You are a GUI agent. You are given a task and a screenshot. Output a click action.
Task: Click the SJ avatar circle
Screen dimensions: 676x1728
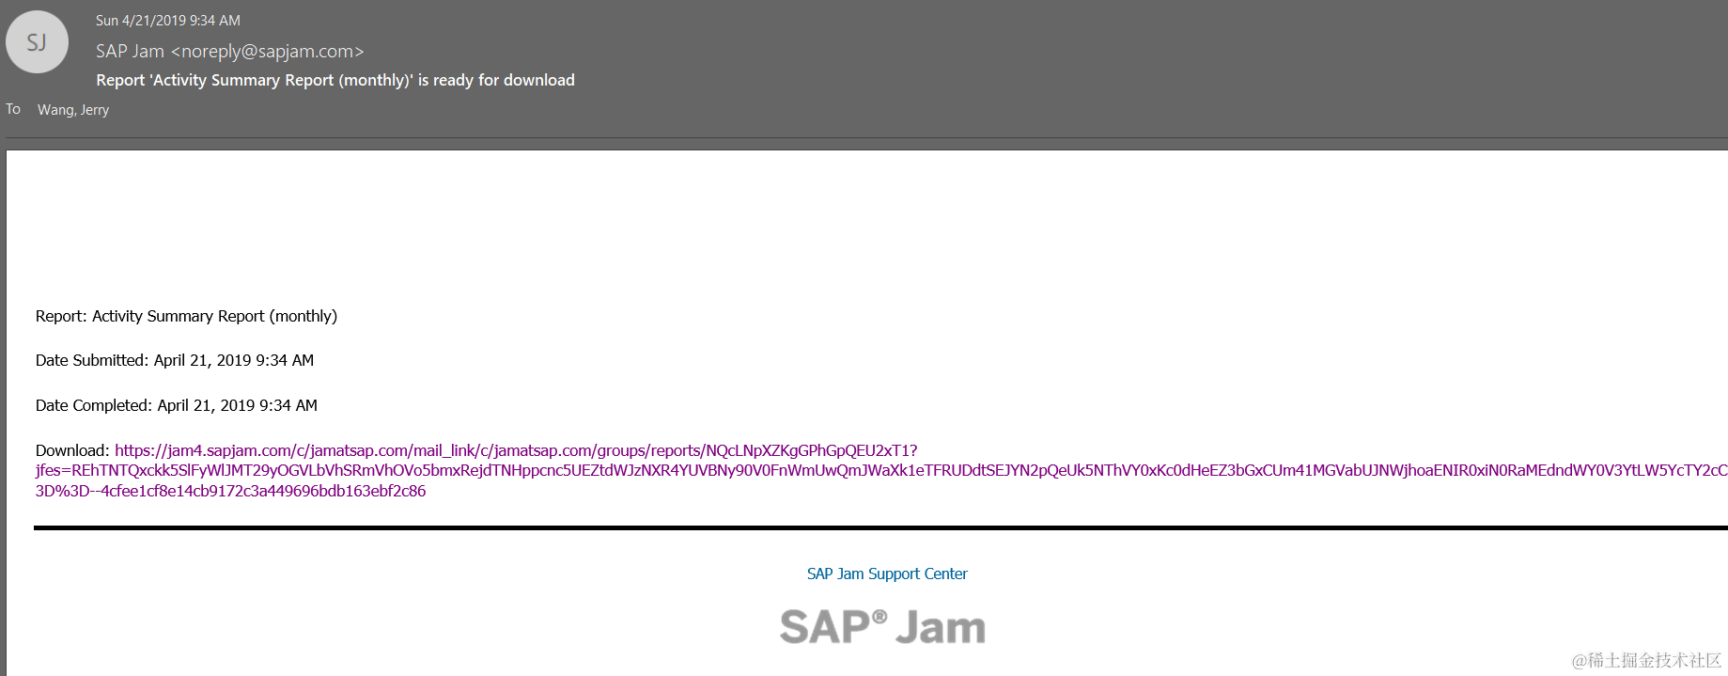37,42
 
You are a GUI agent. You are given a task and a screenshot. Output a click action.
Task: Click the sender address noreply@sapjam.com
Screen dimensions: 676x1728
267,52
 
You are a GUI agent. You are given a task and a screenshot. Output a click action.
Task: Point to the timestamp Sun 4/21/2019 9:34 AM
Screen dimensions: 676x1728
168,21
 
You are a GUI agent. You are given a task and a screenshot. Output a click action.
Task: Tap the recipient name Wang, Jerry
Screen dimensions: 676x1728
73,110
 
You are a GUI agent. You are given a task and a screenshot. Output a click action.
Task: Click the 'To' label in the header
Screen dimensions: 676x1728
13,109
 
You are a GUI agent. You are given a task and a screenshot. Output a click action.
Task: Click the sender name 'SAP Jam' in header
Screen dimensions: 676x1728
130,52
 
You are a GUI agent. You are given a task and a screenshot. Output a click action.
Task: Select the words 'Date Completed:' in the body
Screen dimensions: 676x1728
94,405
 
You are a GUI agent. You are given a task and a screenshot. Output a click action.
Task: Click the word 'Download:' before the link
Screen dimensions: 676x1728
72,450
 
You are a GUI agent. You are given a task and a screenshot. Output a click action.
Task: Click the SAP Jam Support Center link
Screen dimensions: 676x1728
886,574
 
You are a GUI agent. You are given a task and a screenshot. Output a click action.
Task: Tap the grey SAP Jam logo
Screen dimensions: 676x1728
882,627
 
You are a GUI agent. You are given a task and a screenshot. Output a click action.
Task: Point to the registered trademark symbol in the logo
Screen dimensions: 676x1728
880,617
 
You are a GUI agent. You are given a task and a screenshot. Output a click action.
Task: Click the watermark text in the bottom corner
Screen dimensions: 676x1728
1646,660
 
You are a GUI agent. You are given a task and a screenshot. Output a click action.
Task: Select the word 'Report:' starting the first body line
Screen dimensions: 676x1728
61,316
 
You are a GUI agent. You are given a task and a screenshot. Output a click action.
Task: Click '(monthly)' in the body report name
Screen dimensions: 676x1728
303,316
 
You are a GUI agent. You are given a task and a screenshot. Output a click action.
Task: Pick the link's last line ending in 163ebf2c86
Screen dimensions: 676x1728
230,491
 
